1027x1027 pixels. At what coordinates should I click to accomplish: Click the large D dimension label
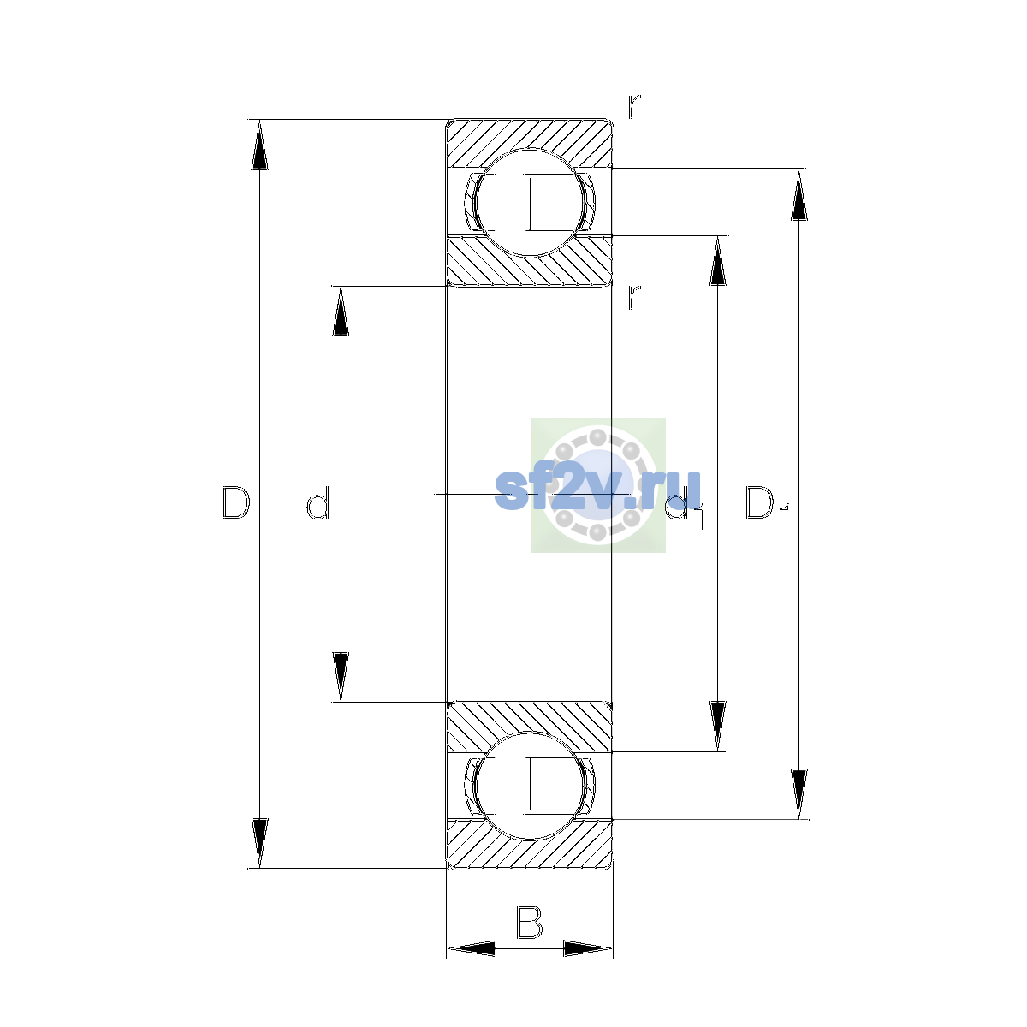pos(235,502)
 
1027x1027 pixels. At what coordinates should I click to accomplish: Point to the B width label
pos(529,923)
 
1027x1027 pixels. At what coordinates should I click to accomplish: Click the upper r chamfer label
pos(634,107)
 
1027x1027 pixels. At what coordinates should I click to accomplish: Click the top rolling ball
pos(529,203)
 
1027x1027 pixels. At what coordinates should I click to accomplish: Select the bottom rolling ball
pos(529,787)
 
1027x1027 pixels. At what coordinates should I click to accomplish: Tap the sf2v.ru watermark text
pos(597,491)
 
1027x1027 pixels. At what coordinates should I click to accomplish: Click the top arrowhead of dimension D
pos(260,145)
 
